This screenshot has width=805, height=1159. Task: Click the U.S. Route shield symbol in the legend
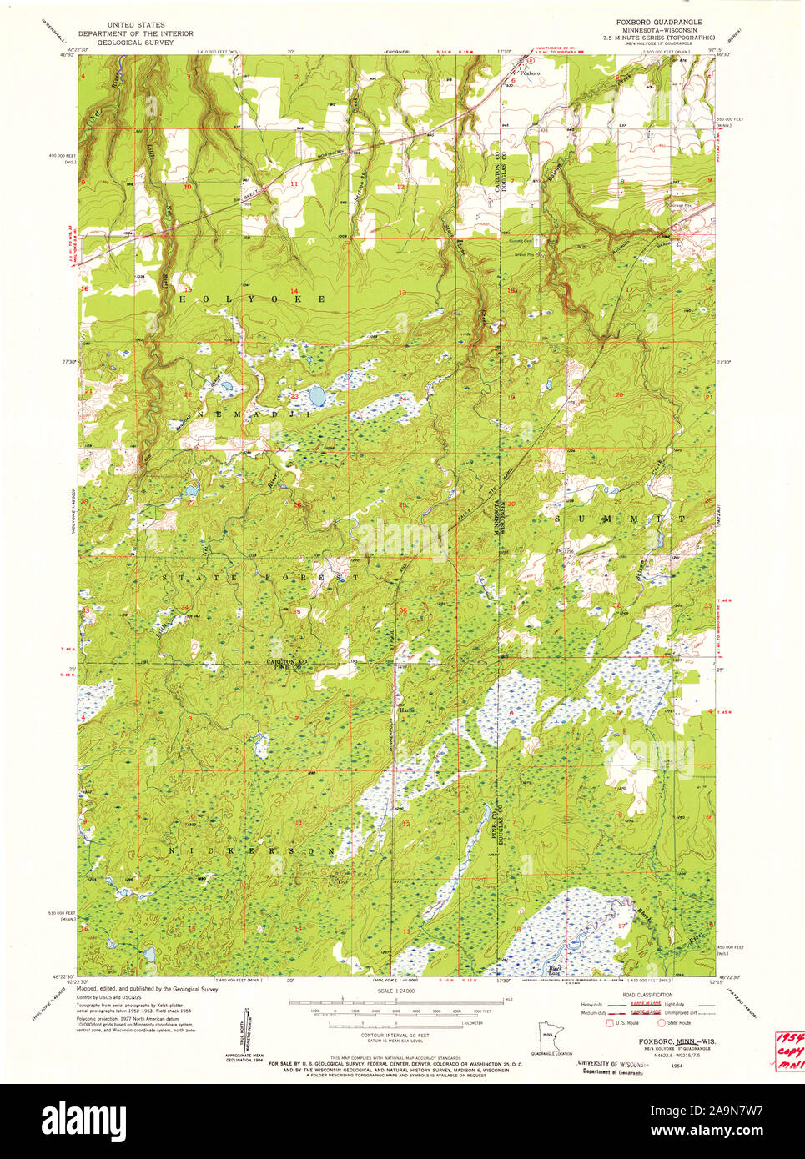point(611,1022)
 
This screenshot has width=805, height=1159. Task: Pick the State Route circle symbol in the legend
point(662,1022)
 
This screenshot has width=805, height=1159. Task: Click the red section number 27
point(190,503)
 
